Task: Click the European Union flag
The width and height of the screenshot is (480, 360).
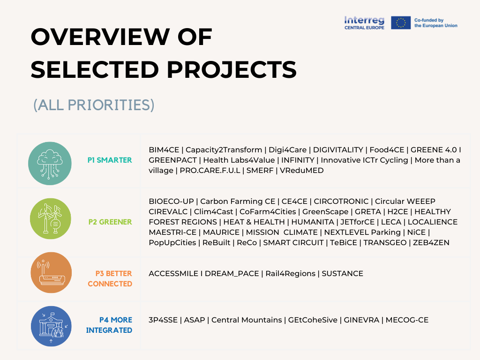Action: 401,22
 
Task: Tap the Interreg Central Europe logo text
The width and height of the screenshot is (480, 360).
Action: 364,22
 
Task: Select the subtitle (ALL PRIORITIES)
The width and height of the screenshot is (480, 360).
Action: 94,105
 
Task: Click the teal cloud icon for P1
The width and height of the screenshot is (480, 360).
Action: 50,163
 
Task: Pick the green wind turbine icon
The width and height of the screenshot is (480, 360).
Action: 50,218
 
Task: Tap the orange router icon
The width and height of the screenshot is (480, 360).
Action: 50,273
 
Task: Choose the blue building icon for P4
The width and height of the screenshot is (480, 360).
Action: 50,326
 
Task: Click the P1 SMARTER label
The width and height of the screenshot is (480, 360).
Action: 110,160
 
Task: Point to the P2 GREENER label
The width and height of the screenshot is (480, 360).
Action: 110,222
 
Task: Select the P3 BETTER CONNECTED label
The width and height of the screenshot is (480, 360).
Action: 110,278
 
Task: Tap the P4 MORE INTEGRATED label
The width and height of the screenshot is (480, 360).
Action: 109,325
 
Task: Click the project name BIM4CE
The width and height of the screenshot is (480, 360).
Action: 164,150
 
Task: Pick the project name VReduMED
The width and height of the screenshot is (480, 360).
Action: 302,171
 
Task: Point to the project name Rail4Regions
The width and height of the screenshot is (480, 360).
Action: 290,273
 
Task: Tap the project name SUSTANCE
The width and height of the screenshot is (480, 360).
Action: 342,273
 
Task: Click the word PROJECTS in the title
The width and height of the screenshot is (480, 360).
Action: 232,69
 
